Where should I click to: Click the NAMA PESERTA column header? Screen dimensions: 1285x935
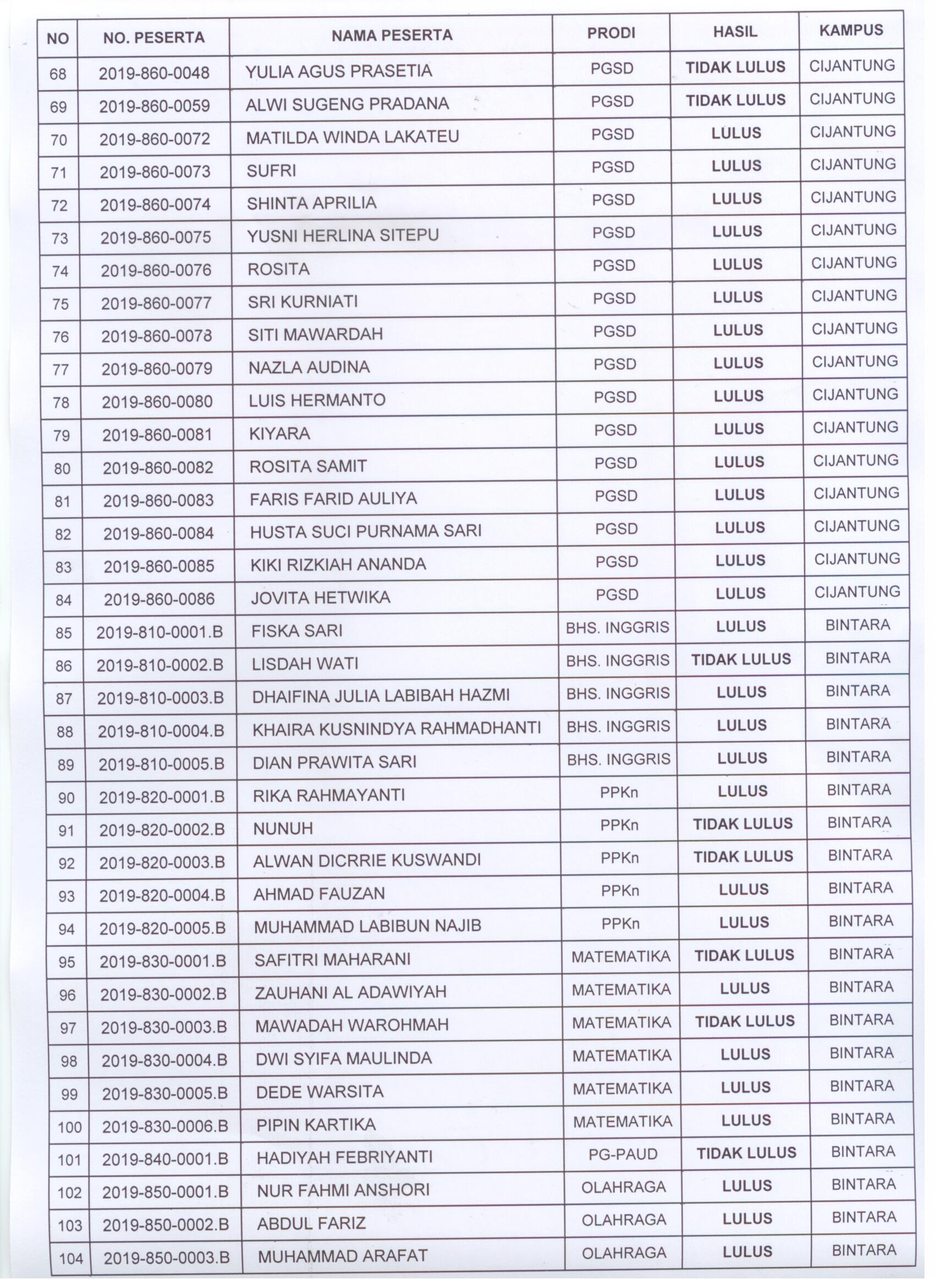tap(391, 35)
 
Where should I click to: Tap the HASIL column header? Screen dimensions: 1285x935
tap(735, 32)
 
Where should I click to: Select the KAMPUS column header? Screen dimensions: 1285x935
tap(851, 30)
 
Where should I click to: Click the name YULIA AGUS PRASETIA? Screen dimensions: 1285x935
tap(338, 71)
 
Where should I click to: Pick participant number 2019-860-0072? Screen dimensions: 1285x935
tap(155, 139)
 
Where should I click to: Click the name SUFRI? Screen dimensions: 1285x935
tap(271, 170)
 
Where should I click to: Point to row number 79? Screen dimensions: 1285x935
tap(61, 435)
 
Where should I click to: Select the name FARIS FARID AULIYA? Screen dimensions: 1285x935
tap(333, 499)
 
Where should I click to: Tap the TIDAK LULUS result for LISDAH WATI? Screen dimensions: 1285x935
tap(740, 659)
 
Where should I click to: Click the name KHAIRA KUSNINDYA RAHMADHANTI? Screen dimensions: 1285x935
tap(397, 728)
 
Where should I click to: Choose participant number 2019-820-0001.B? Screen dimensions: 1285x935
tap(162, 797)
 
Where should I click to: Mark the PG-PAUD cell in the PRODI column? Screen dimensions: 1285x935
tap(623, 1154)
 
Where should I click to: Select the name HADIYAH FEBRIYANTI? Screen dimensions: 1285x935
tap(344, 1156)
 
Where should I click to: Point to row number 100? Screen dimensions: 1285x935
tap(69, 1127)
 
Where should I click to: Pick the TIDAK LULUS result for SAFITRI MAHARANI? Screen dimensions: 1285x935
tap(744, 955)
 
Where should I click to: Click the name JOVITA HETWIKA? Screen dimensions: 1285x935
tap(320, 597)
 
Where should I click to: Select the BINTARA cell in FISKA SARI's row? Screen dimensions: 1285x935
tap(857, 625)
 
